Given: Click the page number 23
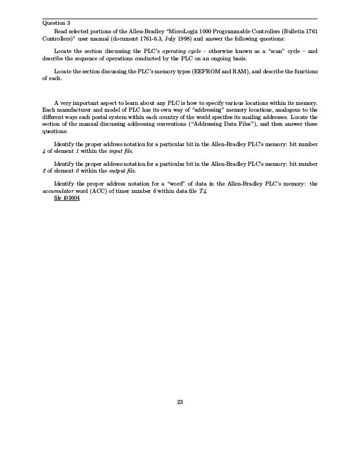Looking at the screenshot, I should pyautogui.click(x=180, y=402).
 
